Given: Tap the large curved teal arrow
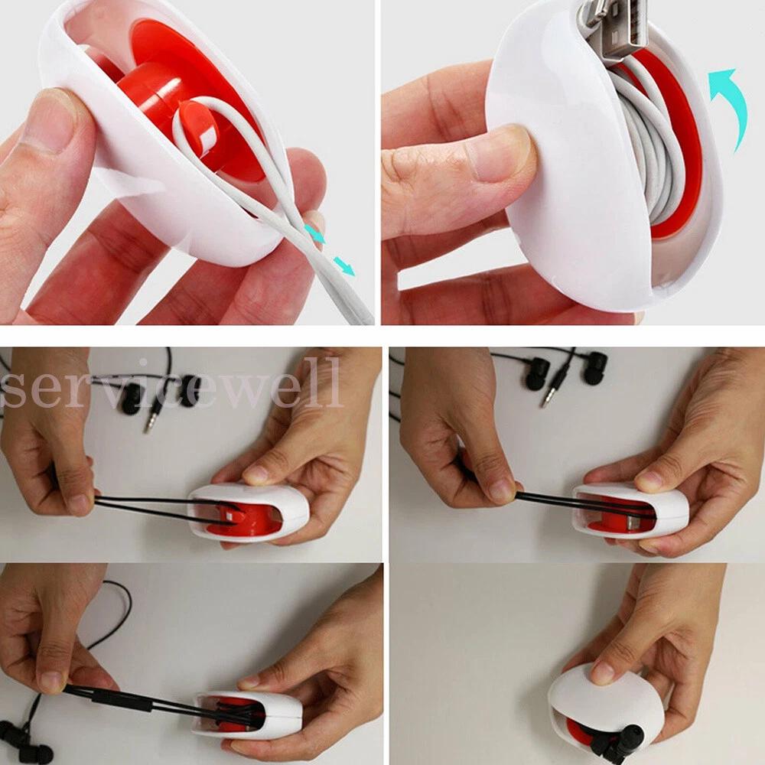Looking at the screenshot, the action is pos(732,105).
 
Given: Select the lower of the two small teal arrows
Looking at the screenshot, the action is pos(345,267).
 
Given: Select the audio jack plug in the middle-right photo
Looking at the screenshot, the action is pos(552,386).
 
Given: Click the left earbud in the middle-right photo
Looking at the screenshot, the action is pos(537,373).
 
